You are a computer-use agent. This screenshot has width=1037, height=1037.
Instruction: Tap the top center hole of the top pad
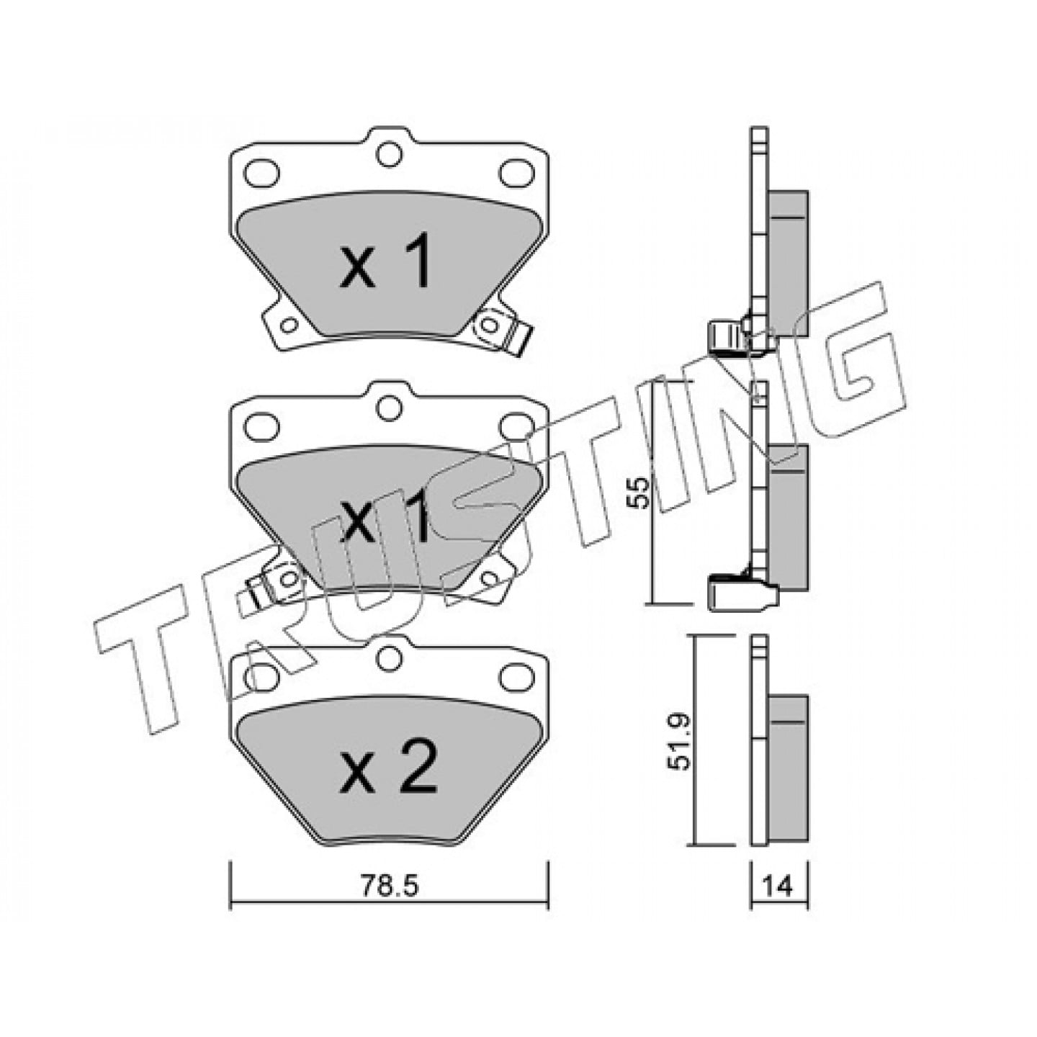click(389, 154)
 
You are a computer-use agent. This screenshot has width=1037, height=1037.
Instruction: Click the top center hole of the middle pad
click(389, 408)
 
